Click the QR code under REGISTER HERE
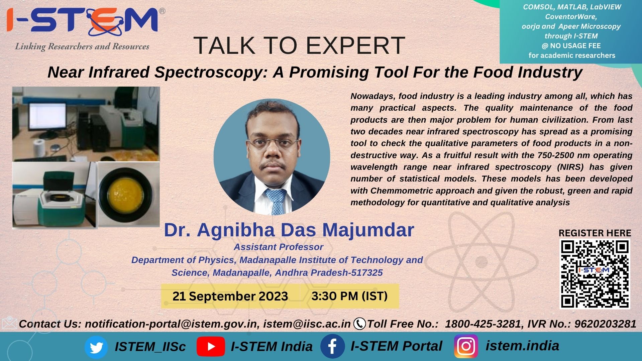pyautogui.click(x=595, y=274)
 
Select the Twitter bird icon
pyautogui.click(x=96, y=347)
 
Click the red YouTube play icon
pyautogui.click(x=211, y=347)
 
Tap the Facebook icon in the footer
pyautogui.click(x=332, y=347)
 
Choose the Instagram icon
pyautogui.click(x=466, y=346)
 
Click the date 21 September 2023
pyautogui.click(x=230, y=296)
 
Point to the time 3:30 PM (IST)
pyautogui.click(x=349, y=296)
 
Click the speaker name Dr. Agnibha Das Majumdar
pyautogui.click(x=289, y=230)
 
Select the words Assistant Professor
pyautogui.click(x=278, y=247)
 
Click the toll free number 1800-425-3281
pyautogui.click(x=483, y=324)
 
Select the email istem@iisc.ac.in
pyautogui.click(x=307, y=324)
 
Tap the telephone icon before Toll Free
pyautogui.click(x=359, y=324)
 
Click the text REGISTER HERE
pyautogui.click(x=595, y=233)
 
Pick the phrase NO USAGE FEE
pyautogui.click(x=575, y=46)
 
